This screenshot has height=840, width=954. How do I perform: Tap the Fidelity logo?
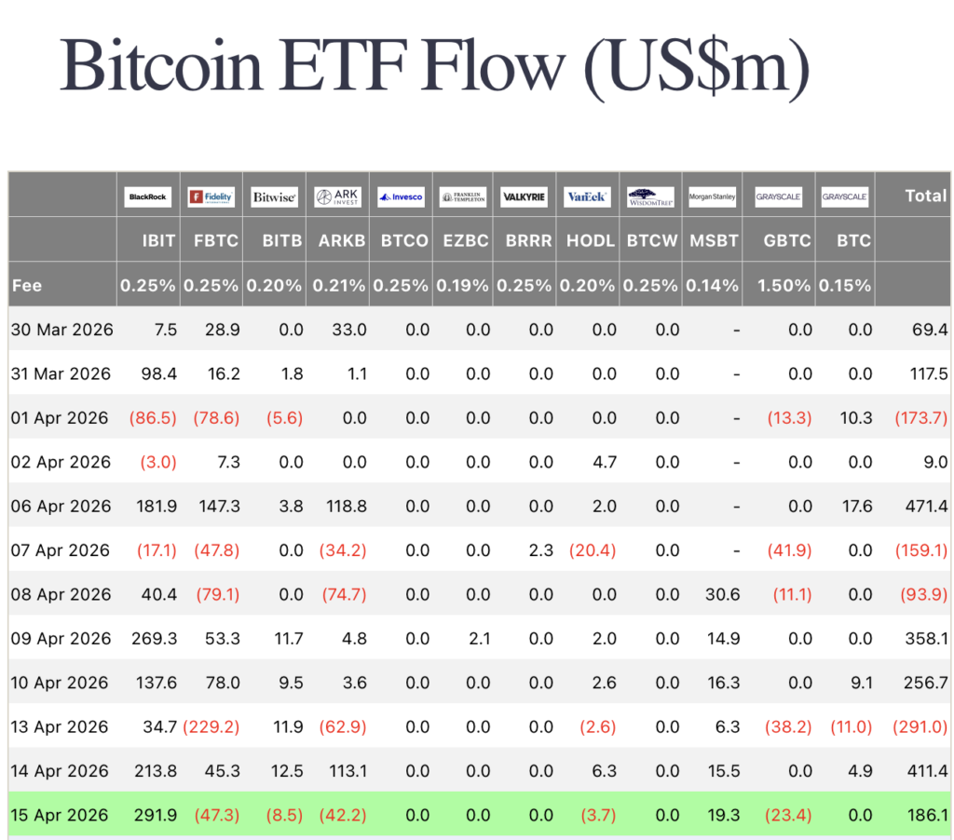(x=211, y=196)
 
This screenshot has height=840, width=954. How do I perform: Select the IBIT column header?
(x=158, y=240)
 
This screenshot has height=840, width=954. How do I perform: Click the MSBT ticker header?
(x=713, y=240)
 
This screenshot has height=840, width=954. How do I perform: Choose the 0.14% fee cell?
(x=713, y=286)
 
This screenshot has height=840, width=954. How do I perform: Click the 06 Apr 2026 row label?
(x=61, y=507)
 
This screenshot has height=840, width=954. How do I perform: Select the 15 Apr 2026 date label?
(x=61, y=816)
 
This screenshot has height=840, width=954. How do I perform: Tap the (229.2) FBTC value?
(x=211, y=727)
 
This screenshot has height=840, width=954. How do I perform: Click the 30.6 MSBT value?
(x=722, y=595)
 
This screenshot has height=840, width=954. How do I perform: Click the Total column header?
(x=924, y=196)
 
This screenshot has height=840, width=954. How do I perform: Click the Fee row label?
(x=27, y=286)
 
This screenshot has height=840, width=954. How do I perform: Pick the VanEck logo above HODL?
(x=587, y=196)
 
